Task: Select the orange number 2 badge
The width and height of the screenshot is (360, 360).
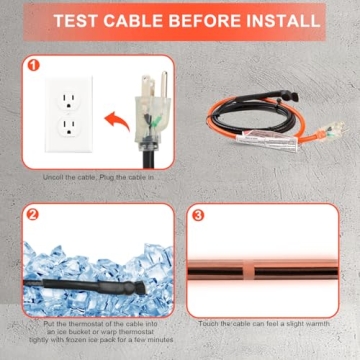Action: pyautogui.click(x=32, y=213)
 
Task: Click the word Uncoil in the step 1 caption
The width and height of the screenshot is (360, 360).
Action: pyautogui.click(x=55, y=177)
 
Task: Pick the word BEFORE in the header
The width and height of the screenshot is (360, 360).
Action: pyautogui.click(x=202, y=20)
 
